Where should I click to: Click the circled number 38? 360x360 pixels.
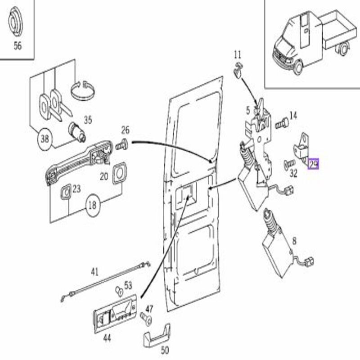point(45,139)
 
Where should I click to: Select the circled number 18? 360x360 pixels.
point(93,205)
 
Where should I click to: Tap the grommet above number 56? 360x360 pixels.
point(15,21)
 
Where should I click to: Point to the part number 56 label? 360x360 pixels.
point(18,46)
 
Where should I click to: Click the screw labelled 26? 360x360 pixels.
point(121,145)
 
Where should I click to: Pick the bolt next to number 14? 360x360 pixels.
point(282,123)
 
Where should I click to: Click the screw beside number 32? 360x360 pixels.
point(289,164)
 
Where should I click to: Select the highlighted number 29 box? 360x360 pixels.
point(313,164)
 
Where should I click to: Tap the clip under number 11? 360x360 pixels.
point(238,70)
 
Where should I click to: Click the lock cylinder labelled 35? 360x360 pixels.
point(77,132)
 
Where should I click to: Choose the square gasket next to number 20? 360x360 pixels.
point(119,173)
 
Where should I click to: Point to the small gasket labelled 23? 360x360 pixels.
point(66,192)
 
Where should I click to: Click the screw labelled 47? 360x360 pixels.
point(146,319)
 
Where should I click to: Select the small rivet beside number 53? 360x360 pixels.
point(119,291)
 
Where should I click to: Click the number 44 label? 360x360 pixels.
point(107,338)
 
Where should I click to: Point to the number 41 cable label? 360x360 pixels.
point(95,272)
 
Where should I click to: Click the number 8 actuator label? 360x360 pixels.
point(294,241)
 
